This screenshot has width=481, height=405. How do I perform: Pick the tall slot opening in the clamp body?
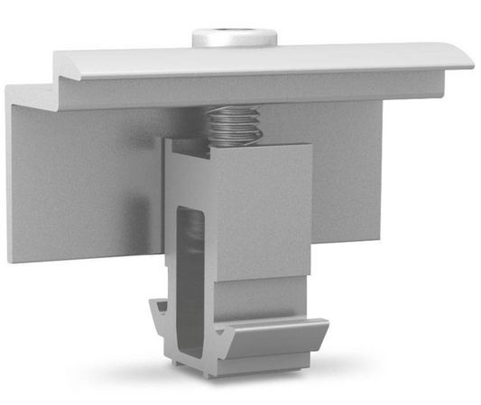[187, 271]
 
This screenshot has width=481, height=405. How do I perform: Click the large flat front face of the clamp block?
[262, 212]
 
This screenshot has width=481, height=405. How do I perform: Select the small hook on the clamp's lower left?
[162, 317]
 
